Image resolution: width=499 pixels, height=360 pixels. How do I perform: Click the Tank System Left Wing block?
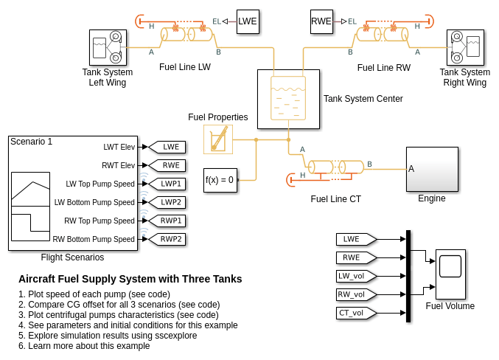108,48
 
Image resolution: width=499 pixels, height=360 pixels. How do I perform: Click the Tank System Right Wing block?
465,48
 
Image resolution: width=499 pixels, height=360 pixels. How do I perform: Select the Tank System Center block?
288,100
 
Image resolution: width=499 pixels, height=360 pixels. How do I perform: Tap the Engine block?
432,169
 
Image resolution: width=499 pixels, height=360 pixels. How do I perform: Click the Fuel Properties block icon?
218,139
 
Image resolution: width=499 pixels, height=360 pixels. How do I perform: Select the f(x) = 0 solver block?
220,180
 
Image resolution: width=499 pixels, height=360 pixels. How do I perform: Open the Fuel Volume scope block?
450,274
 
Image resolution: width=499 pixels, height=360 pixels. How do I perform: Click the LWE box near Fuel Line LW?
248,21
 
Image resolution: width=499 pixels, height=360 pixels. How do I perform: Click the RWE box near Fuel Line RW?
321,21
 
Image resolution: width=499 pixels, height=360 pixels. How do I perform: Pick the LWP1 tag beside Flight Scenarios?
167,184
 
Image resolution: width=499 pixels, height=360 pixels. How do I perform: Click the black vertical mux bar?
408,276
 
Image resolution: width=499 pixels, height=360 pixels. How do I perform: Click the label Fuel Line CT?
335,198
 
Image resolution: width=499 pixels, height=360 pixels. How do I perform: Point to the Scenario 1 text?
32,142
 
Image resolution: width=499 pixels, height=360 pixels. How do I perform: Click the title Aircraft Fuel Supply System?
130,279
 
